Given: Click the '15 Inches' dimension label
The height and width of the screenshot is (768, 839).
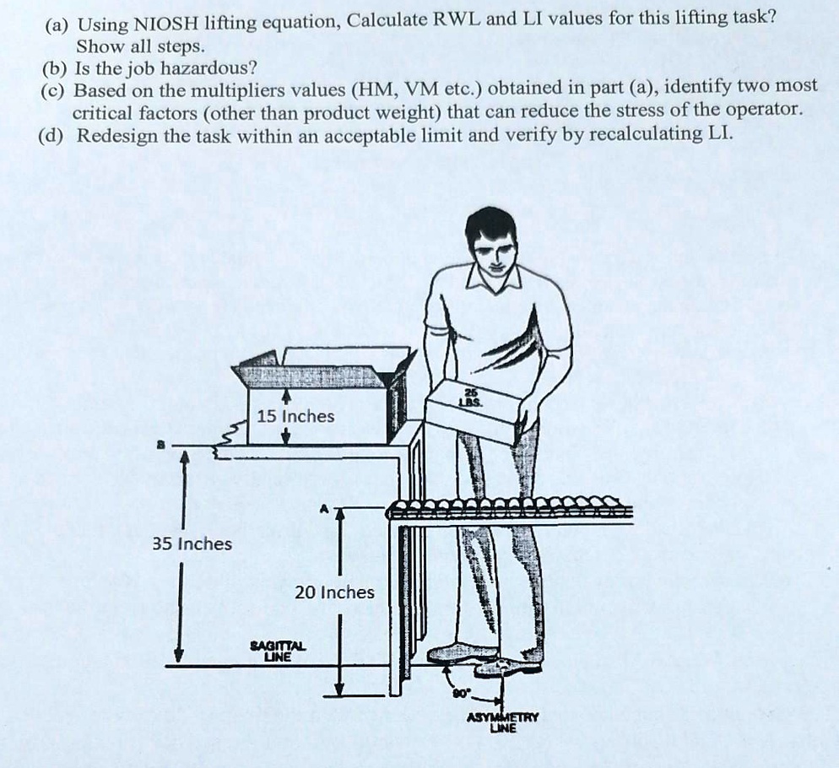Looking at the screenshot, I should coord(295,416).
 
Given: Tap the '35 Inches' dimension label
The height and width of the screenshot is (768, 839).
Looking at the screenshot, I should coord(192,544).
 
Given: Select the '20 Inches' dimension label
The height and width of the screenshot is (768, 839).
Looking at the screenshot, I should coord(334,592).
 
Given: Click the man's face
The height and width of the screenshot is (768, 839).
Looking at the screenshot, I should coord(493,251).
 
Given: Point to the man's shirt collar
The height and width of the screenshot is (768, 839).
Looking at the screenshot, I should coord(496,282).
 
